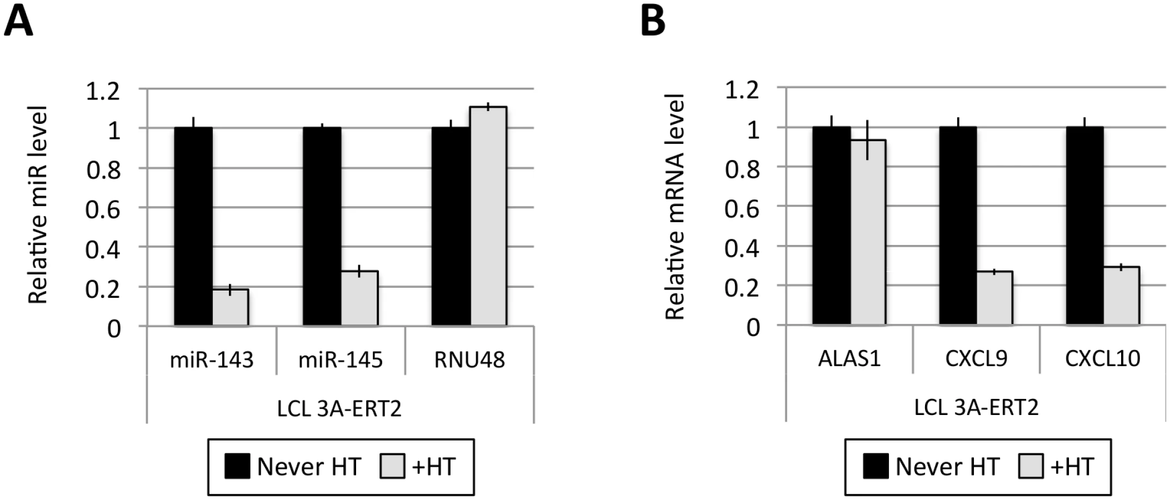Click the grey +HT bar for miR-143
click(231, 307)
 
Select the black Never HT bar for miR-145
click(322, 226)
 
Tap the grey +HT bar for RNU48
click(488, 216)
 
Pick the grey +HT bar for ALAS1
click(868, 232)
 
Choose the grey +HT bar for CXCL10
click(1121, 296)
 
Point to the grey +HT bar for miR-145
click(359, 298)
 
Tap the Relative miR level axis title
click(38, 205)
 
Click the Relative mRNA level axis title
click(675, 207)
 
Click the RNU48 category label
click(469, 360)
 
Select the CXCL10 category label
click(1103, 358)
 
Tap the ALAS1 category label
click(849, 358)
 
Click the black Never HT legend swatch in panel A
click(237, 466)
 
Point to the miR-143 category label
click(212, 360)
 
